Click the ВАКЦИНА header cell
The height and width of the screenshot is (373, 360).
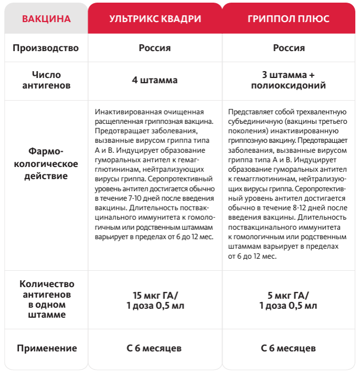46,18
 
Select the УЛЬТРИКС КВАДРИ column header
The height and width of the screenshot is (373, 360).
155,18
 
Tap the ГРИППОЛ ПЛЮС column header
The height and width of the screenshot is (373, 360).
288,18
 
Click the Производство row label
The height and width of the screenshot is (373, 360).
46,48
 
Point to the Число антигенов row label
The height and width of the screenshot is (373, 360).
46,80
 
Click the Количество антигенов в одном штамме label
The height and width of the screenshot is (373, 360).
46,299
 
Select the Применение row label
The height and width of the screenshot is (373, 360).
46,348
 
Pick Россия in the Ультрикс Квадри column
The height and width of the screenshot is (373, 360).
155,48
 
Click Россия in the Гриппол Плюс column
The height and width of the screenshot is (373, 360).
288,48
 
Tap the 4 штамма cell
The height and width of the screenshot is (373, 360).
155,80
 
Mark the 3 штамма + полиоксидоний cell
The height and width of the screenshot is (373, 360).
288,80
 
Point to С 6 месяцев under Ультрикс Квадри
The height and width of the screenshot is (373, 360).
155,348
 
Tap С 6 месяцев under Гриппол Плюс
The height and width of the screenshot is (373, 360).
288,348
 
